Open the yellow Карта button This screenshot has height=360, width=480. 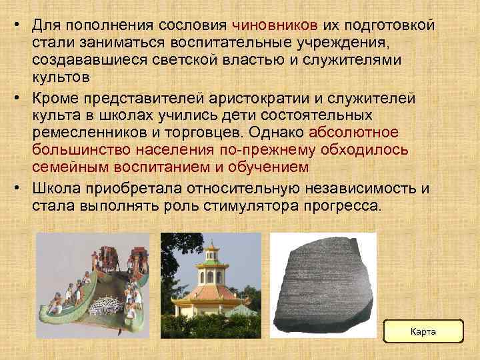[x=424, y=331]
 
